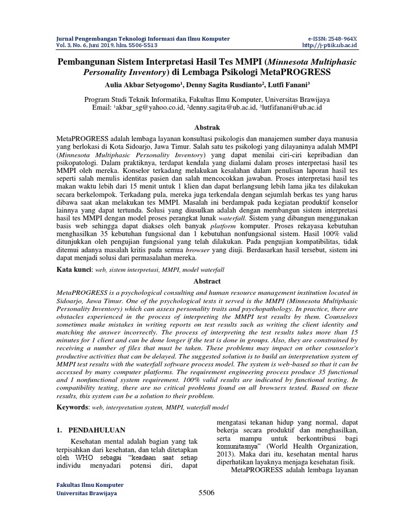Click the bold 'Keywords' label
[72, 407]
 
